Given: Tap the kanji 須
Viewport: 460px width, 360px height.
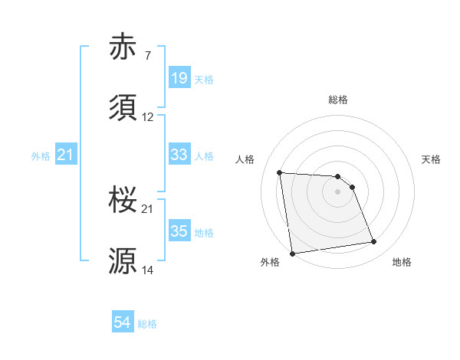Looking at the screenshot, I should (x=123, y=108).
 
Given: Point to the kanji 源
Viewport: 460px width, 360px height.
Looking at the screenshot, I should (x=123, y=261).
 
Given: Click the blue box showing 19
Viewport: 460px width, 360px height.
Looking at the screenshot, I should (x=179, y=78).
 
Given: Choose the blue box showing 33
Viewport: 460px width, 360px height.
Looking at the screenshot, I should (x=179, y=155).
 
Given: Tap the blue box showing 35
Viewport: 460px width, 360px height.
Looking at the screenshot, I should (x=179, y=231).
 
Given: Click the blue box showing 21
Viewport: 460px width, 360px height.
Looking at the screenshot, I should (x=66, y=155).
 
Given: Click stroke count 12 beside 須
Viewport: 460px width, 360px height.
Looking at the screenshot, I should (x=148, y=117).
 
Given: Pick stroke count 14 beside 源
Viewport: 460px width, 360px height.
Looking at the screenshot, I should (x=148, y=270).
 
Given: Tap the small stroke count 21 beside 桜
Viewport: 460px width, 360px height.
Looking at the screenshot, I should (x=148, y=209).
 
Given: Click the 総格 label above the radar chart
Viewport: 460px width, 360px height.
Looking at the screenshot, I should (x=338, y=100).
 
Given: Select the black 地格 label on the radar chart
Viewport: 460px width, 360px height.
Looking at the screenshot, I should (x=402, y=262).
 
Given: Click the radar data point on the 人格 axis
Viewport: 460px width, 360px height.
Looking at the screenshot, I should (x=280, y=172).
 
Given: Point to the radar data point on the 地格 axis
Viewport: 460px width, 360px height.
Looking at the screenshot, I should (x=374, y=242).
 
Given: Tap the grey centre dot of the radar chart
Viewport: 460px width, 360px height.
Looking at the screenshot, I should (x=337, y=192).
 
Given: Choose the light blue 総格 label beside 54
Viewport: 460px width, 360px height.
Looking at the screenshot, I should (x=147, y=324).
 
